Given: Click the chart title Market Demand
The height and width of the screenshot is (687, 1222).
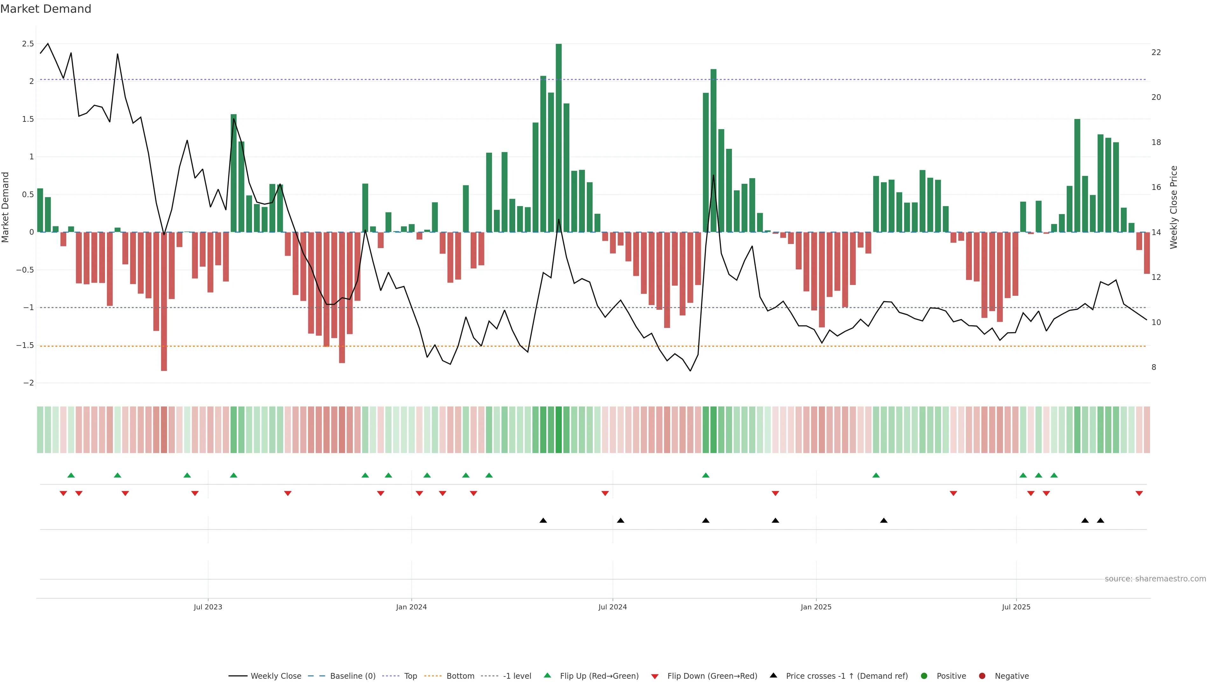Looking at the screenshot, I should point(46,9).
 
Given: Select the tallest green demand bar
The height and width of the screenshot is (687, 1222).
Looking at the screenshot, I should point(558,137).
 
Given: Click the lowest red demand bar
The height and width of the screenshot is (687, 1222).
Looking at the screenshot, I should point(164,301).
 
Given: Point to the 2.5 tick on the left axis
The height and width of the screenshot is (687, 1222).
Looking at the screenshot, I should point(28,44).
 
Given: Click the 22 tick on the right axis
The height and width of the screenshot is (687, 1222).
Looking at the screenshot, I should point(1156,52).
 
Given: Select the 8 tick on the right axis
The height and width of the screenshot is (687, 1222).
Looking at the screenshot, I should point(1154,367).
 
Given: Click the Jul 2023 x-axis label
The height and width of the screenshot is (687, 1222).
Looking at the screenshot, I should point(208,607).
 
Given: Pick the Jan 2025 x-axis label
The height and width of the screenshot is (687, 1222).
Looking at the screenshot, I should point(816,607).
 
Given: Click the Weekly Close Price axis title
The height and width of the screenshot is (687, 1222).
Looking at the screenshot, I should point(1174,207).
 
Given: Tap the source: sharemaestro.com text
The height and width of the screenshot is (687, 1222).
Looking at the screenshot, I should point(1155,579).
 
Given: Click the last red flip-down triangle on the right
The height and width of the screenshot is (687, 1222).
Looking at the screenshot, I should point(1139,494).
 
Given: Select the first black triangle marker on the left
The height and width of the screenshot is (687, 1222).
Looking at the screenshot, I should point(543,521).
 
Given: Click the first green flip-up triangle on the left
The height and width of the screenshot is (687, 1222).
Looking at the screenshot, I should point(71,475).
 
